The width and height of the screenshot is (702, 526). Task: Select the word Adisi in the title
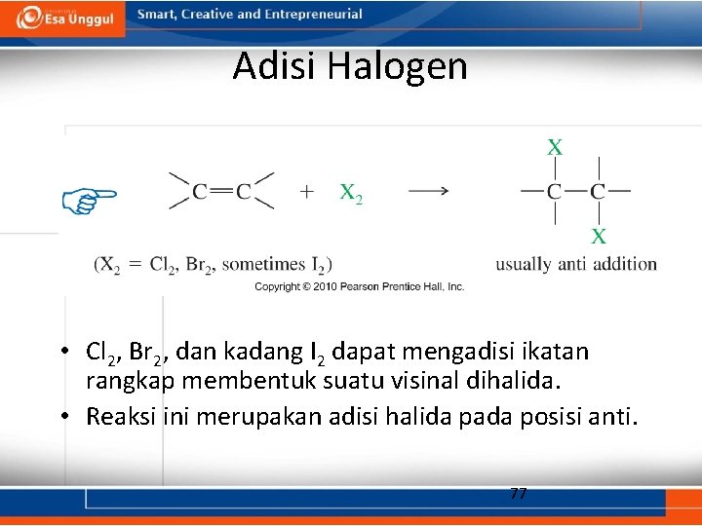[276, 67]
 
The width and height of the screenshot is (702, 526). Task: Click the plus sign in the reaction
[307, 192]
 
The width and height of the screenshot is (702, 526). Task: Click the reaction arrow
[428, 192]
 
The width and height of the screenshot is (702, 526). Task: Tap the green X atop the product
[555, 148]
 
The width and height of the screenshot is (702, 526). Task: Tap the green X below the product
[599, 236]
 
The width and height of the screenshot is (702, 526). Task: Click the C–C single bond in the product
[576, 192]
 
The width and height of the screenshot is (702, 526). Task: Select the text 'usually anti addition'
[576, 264]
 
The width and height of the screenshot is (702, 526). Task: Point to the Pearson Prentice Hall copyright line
[360, 286]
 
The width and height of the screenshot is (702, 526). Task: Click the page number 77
[519, 493]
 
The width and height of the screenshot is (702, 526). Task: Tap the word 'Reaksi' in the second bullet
[117, 417]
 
